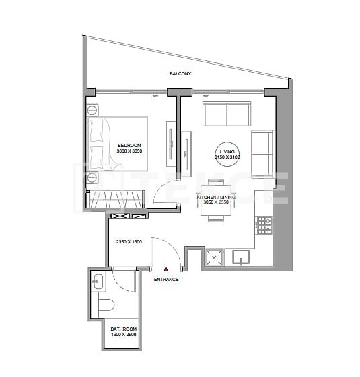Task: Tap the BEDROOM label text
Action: (x=129, y=145)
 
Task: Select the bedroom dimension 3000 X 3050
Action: (x=129, y=152)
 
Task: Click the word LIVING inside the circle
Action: (x=227, y=153)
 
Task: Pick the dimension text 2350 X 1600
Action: (x=128, y=242)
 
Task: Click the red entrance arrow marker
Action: (x=166, y=269)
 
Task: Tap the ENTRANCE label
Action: (x=166, y=279)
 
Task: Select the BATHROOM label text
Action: (x=124, y=329)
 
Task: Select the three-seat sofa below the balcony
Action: (x=227, y=115)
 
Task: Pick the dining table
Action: (x=216, y=200)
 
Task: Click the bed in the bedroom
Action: (x=118, y=144)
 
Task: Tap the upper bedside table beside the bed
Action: (x=93, y=110)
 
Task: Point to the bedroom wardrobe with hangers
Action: (x=116, y=199)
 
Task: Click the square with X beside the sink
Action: (x=215, y=257)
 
